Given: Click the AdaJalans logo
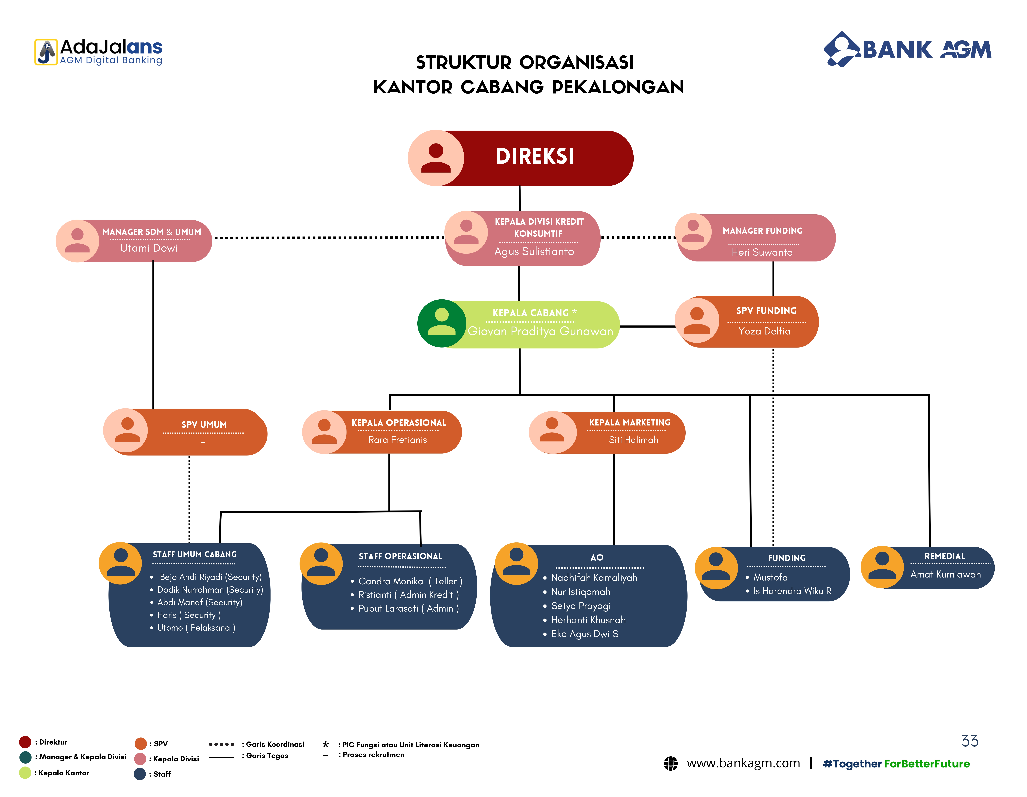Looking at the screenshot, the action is (x=98, y=52).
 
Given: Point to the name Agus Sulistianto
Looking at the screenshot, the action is (x=534, y=252).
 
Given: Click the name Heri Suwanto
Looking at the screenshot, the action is (x=762, y=252).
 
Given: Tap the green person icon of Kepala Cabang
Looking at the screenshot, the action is (x=442, y=324).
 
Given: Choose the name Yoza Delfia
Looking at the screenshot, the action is (x=764, y=331).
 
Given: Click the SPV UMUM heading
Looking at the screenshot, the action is (x=204, y=425).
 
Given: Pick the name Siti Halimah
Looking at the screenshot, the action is (x=633, y=440).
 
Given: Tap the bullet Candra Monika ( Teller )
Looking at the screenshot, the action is (x=407, y=581).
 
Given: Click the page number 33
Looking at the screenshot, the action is (x=970, y=741).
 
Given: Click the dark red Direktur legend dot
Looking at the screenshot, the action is (x=25, y=742).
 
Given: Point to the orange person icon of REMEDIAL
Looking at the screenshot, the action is (x=882, y=567).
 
